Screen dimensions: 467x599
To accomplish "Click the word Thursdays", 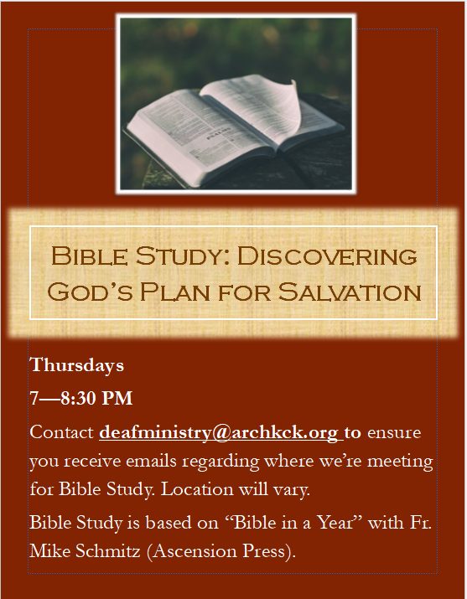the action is click(x=77, y=365).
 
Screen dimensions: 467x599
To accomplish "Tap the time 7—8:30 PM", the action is click(x=81, y=399).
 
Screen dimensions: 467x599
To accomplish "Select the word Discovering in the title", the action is click(x=327, y=256).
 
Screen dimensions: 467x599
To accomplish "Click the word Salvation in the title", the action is click(x=350, y=292).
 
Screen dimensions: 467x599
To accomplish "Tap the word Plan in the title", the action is click(x=174, y=292).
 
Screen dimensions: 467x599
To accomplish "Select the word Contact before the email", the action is click(x=62, y=432).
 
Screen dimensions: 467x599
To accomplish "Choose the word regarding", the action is click(x=221, y=462).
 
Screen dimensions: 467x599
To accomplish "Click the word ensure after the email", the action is click(x=394, y=433).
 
